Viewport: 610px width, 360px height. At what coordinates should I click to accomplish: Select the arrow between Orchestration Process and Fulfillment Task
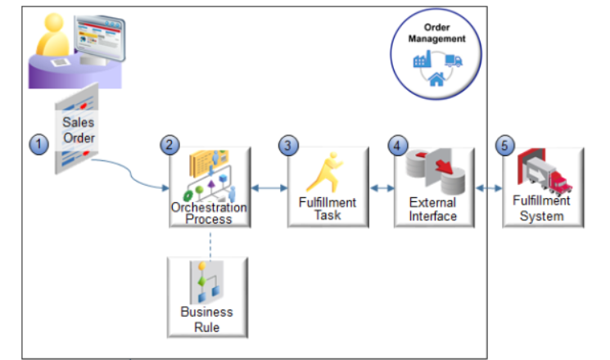tap(268, 188)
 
